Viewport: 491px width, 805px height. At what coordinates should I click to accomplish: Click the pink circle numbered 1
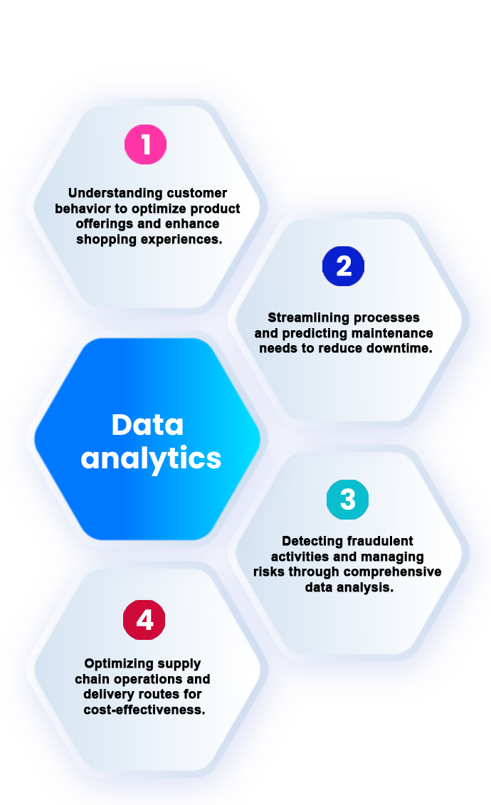click(x=146, y=144)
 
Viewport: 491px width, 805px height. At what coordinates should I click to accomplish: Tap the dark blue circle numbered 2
click(x=343, y=266)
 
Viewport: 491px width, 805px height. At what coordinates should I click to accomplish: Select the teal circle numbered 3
click(x=347, y=500)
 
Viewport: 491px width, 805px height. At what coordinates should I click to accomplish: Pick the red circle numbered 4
click(x=144, y=620)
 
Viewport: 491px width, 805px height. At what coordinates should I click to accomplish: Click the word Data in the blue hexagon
click(x=147, y=425)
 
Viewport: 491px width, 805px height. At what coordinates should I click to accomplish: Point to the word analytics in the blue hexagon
click(x=151, y=458)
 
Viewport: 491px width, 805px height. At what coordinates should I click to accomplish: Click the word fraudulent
click(x=380, y=541)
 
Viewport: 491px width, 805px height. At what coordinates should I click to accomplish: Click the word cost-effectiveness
click(x=144, y=710)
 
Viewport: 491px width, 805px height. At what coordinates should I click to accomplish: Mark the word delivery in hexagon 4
click(x=107, y=694)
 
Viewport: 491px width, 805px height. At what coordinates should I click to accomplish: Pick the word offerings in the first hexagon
click(x=105, y=223)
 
